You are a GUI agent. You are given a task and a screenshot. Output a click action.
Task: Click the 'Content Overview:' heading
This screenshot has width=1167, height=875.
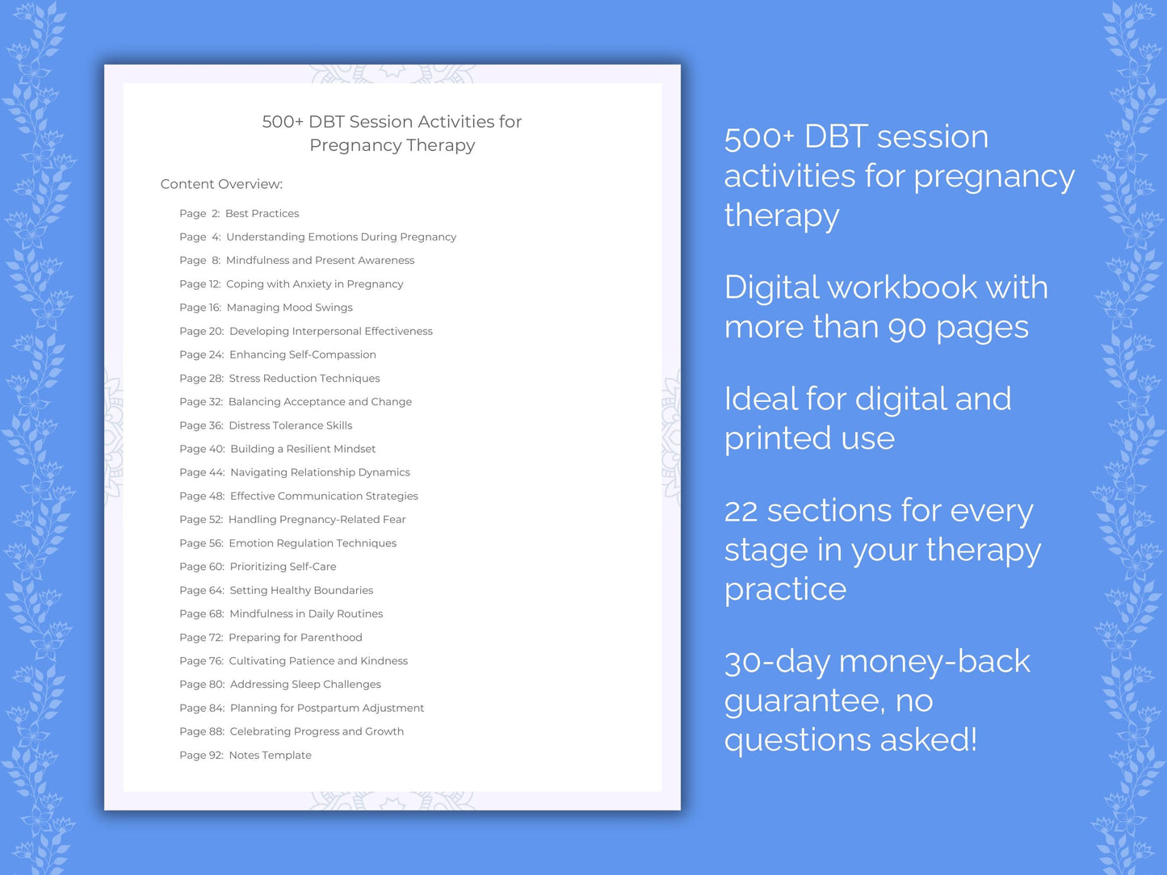[x=221, y=184]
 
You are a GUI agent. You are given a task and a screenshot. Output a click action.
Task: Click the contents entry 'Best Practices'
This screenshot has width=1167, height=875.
[x=262, y=214]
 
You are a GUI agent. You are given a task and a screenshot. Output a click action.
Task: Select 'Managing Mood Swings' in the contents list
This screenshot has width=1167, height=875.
[x=289, y=308]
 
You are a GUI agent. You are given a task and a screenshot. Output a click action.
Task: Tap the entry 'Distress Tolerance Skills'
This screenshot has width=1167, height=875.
[x=290, y=425]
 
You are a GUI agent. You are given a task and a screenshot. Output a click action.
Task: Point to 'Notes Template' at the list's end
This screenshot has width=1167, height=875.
[x=270, y=756]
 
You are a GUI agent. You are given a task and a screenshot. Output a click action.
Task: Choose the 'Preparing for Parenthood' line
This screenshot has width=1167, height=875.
[x=295, y=638]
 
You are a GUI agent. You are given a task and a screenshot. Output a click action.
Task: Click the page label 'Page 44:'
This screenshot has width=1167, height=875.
[x=202, y=473]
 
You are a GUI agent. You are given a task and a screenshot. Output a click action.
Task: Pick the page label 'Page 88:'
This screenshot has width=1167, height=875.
[x=202, y=732]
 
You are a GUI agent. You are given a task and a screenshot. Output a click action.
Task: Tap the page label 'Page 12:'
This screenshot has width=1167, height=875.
[x=200, y=284]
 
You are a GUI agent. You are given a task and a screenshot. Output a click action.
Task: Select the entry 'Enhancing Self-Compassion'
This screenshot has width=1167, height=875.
[x=302, y=355]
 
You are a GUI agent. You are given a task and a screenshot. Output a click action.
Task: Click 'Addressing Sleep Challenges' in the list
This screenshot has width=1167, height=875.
[x=305, y=685]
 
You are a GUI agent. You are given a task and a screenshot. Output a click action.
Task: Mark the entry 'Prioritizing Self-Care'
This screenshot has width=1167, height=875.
[x=283, y=567]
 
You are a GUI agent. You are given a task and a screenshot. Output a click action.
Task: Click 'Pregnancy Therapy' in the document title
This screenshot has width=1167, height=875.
[x=392, y=145]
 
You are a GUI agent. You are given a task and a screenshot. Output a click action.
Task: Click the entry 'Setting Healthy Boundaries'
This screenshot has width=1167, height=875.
[x=301, y=591]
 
